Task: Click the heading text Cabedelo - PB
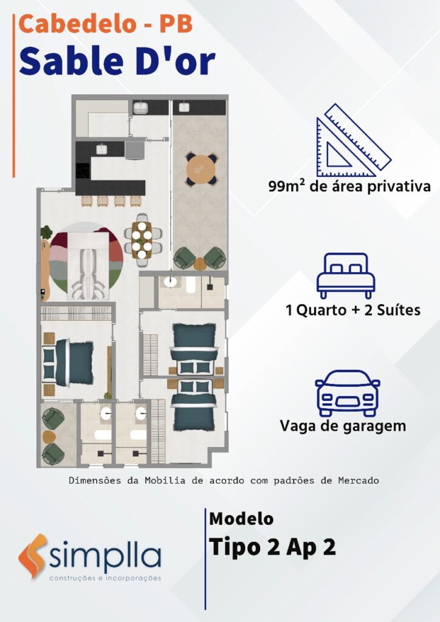[x=106, y=24]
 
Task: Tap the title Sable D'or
[x=117, y=61]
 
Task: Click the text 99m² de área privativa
[x=349, y=186]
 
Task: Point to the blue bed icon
[x=346, y=276]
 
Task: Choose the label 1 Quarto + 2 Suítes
[x=353, y=310]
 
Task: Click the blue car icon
[x=347, y=393]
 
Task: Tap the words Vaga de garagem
[x=343, y=426]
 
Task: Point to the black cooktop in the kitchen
[x=83, y=171]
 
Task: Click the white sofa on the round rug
[x=88, y=266]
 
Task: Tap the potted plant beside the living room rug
[x=46, y=233]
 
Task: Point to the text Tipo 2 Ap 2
[x=272, y=547]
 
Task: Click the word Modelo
[x=241, y=519]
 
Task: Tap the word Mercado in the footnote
[x=359, y=481]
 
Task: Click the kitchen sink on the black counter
[x=101, y=149]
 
